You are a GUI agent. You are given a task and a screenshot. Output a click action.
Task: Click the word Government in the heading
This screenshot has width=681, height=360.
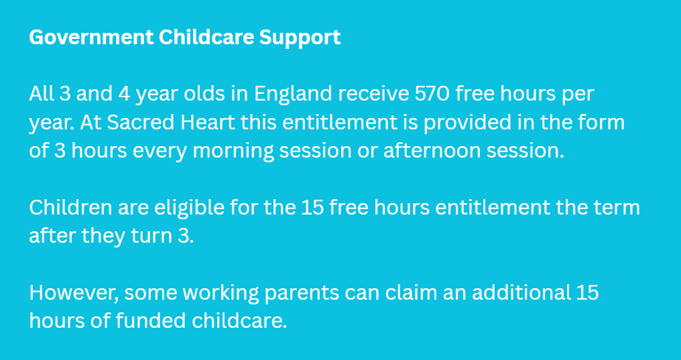click(x=91, y=38)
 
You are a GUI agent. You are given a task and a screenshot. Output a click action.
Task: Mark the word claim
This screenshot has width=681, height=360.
click(x=407, y=293)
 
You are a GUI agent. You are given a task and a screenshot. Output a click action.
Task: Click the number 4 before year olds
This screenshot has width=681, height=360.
click(x=124, y=95)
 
